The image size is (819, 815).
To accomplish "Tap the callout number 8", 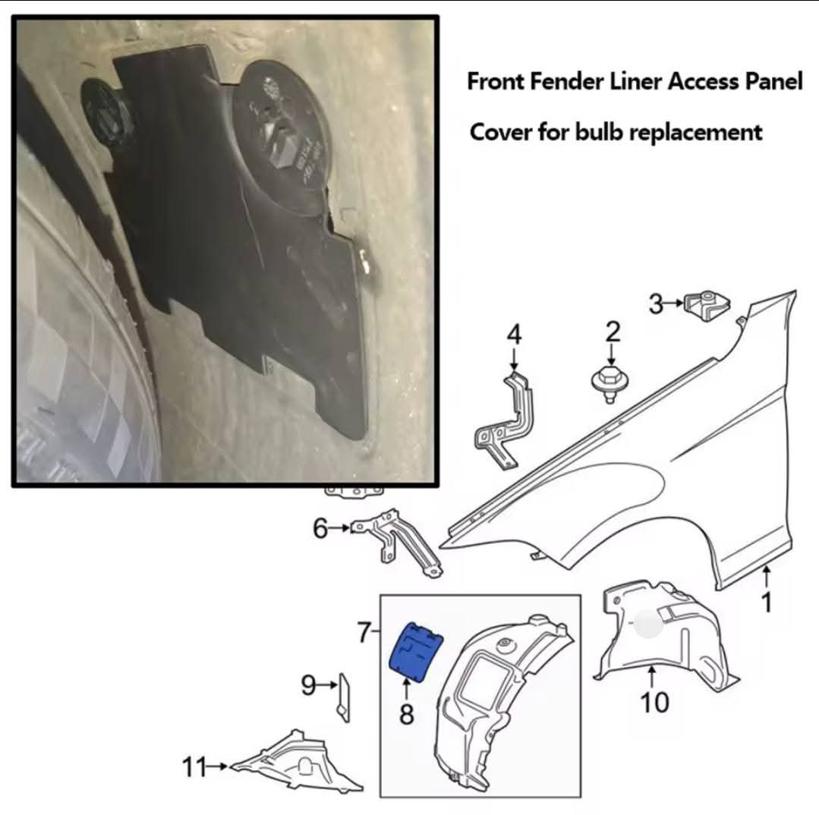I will point(407,714).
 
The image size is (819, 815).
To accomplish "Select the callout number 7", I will point(365,631).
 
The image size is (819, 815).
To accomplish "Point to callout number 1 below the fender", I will point(767,602).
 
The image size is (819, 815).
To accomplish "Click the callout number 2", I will point(613,332).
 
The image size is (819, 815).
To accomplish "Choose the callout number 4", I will point(515,334).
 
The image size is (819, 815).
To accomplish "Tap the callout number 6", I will point(320,528).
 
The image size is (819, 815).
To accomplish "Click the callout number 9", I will point(309,686).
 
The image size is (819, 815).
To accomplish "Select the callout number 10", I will point(654,703).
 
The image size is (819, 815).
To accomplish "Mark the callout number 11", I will point(194,767).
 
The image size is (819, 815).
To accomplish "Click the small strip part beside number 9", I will point(343,694).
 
